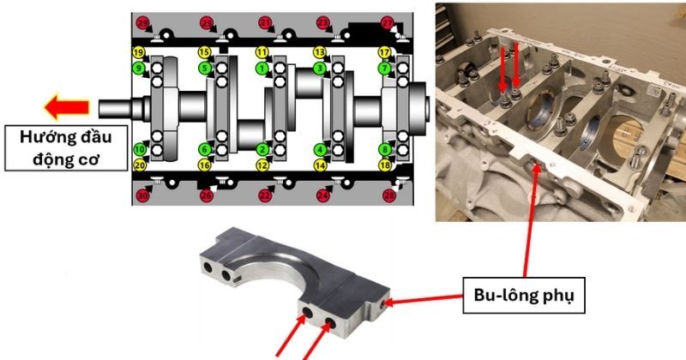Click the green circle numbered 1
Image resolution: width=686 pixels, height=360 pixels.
pos(262,68)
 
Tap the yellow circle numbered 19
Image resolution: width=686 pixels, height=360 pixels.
pos(138,52)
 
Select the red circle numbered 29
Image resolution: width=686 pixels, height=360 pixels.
pos(142,22)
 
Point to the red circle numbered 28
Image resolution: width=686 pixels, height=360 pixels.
pos(388,196)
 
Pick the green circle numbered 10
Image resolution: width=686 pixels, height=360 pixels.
pos(138,149)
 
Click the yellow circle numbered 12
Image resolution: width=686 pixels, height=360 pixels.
pos(262,165)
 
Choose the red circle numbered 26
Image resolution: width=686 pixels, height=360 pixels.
pos(206,196)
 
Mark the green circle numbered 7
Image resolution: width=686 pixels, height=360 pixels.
pos(384,68)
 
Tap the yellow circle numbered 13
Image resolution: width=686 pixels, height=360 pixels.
pos(320,52)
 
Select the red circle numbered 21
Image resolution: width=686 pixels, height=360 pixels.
pos(265,22)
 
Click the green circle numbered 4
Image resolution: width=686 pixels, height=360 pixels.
pos(320,149)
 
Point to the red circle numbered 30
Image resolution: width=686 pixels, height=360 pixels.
pos(142,196)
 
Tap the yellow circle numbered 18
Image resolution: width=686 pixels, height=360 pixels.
pos(384,165)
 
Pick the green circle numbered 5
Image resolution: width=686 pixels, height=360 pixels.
pos(205,68)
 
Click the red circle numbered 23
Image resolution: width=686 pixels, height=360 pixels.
pos(323,22)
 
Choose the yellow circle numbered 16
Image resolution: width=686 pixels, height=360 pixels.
pos(205,165)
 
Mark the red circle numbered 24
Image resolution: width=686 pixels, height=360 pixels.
pos(323,196)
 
